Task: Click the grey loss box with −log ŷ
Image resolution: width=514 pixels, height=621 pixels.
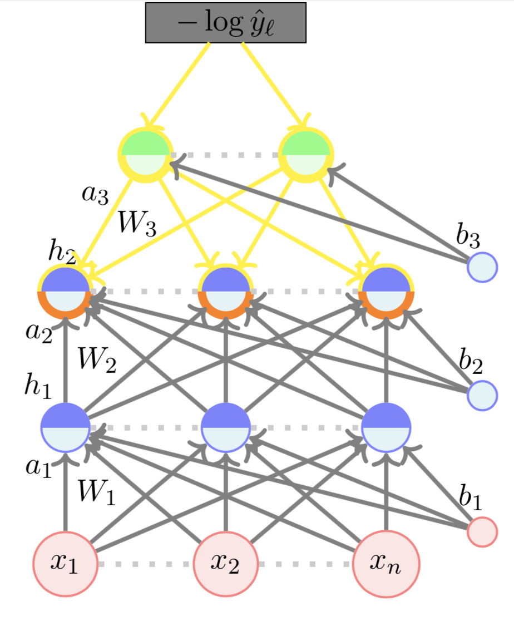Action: [x=226, y=23]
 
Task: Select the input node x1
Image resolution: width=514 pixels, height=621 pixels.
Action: [x=65, y=563]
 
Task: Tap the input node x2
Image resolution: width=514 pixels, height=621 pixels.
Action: [x=225, y=563]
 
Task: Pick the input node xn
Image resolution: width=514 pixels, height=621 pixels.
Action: [x=385, y=563]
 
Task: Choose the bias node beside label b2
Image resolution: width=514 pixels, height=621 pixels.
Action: [x=482, y=395]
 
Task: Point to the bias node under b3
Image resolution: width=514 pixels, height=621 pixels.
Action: [x=482, y=267]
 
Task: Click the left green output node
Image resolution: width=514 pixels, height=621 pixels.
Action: [x=145, y=154]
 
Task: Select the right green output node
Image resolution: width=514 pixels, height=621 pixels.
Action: [x=305, y=154]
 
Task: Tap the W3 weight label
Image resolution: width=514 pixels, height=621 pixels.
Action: [x=137, y=224]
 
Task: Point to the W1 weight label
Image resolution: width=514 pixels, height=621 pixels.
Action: [x=97, y=492]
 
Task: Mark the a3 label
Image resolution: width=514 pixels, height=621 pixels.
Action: [x=95, y=195]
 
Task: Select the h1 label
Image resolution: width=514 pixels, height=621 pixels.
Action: [x=38, y=385]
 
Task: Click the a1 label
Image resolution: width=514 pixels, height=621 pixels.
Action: [x=38, y=466]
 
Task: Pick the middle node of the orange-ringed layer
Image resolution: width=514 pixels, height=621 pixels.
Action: [x=225, y=291]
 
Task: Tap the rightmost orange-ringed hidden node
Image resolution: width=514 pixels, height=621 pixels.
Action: [x=385, y=291]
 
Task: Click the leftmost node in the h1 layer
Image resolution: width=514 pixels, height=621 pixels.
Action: [x=65, y=427]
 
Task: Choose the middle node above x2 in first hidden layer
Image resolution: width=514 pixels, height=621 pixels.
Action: [x=225, y=427]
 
